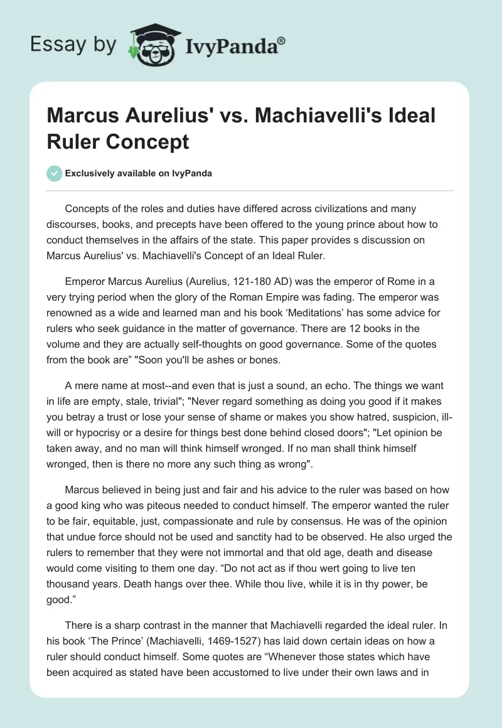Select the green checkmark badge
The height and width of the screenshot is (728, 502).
[55, 173]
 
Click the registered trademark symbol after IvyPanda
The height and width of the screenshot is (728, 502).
[282, 40]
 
